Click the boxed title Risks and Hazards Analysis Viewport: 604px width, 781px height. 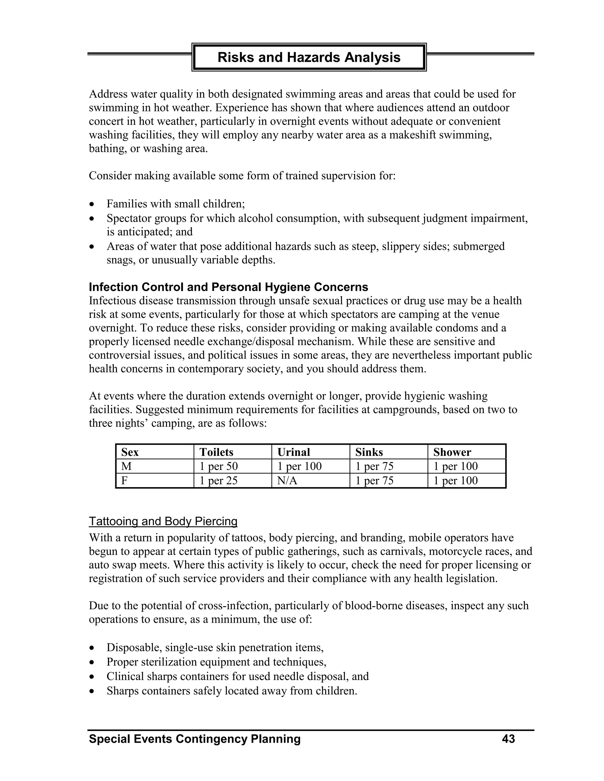click(309, 57)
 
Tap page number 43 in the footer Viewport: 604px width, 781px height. click(508, 739)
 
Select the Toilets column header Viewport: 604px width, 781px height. click(216, 452)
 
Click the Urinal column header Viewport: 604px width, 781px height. click(293, 452)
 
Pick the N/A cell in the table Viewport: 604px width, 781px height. click(287, 481)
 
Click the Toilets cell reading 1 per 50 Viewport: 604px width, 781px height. click(218, 466)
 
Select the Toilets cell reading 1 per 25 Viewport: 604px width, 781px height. click(218, 481)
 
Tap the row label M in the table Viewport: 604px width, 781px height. click(126, 466)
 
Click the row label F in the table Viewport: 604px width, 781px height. click(124, 481)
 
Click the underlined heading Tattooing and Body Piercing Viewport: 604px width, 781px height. click(163, 521)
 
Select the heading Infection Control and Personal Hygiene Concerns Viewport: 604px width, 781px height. click(228, 287)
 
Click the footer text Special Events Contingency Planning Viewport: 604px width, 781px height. click(195, 739)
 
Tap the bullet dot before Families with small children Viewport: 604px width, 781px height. click(92, 205)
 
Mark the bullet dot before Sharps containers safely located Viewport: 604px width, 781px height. click(92, 691)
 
